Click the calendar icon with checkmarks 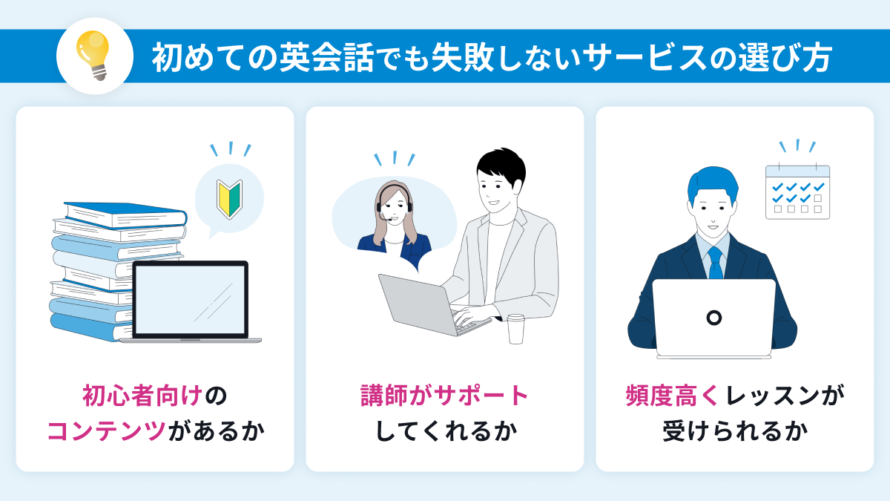(797, 191)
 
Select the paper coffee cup (516, 328)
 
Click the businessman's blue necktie (715, 263)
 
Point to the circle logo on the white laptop (713, 318)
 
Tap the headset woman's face (393, 202)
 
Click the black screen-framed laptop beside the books (190, 301)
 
